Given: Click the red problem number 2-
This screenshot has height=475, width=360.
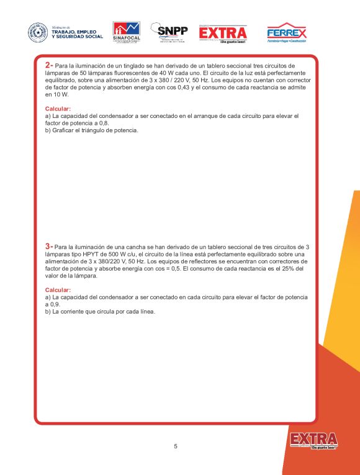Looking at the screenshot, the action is pyautogui.click(x=49, y=65).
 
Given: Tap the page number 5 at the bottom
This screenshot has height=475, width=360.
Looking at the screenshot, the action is pyautogui.click(x=176, y=446).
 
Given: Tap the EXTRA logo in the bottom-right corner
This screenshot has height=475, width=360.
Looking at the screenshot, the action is pyautogui.click(x=313, y=440).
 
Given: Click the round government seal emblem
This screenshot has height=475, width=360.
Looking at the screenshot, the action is pyautogui.click(x=38, y=33).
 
